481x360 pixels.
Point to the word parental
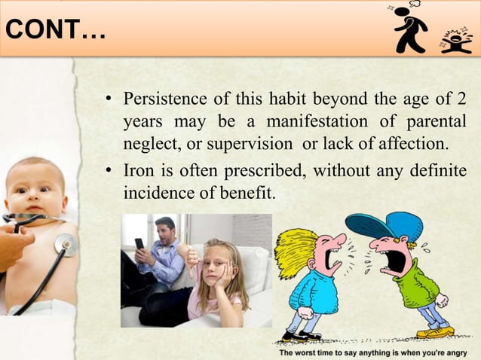tap(434, 121)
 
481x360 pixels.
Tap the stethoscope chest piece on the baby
tap(66, 244)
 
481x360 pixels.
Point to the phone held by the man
tap(139, 244)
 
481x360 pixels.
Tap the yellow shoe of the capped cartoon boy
tap(436, 331)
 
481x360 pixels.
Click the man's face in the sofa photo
tap(165, 230)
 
